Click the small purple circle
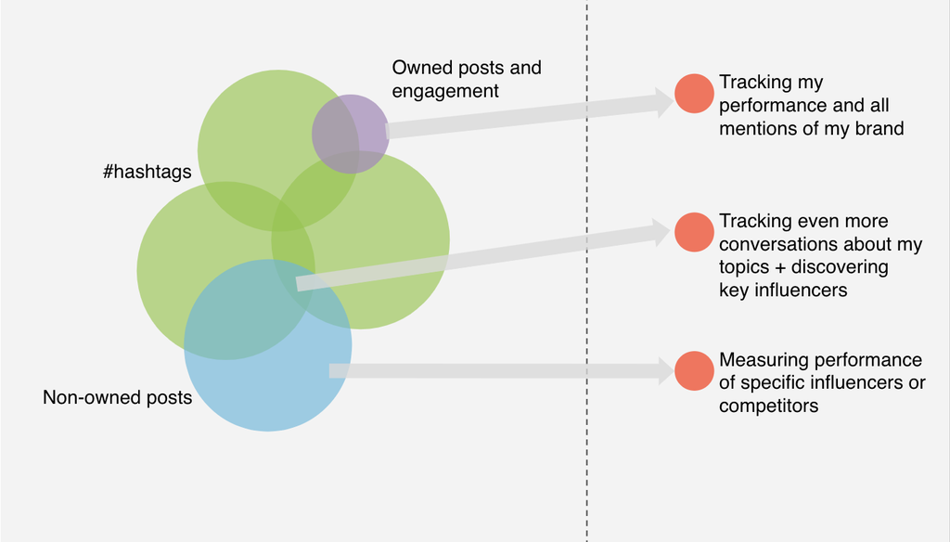(x=351, y=134)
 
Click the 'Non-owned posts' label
(x=117, y=397)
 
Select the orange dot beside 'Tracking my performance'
(x=694, y=94)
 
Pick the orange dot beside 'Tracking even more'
(x=694, y=232)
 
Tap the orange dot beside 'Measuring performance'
(x=694, y=370)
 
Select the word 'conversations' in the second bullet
(x=777, y=244)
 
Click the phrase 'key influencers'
(x=783, y=290)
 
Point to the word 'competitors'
(x=769, y=406)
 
